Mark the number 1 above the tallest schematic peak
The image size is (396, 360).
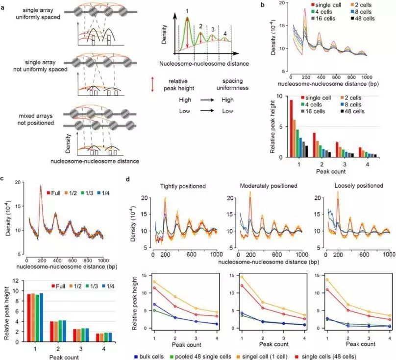(x=187, y=10)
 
